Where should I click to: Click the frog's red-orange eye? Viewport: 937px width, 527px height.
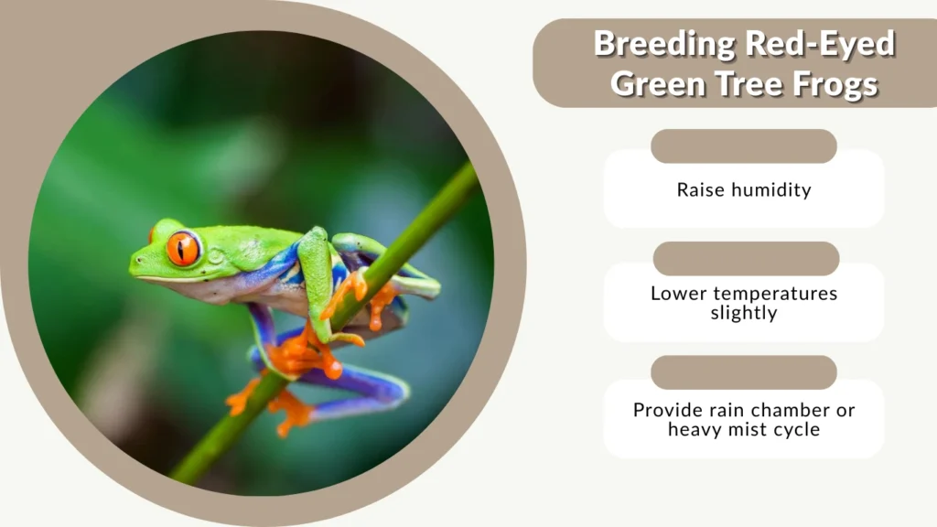point(182,249)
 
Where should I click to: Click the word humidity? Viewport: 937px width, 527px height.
point(770,190)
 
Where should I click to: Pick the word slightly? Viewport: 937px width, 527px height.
point(744,314)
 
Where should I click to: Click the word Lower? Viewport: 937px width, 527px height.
point(678,294)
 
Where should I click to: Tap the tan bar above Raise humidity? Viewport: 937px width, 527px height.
point(744,146)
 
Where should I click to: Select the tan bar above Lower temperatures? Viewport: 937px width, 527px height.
point(746,259)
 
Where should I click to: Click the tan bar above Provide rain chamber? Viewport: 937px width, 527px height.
point(744,372)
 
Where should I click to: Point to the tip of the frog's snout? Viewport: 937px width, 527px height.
point(133,267)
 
